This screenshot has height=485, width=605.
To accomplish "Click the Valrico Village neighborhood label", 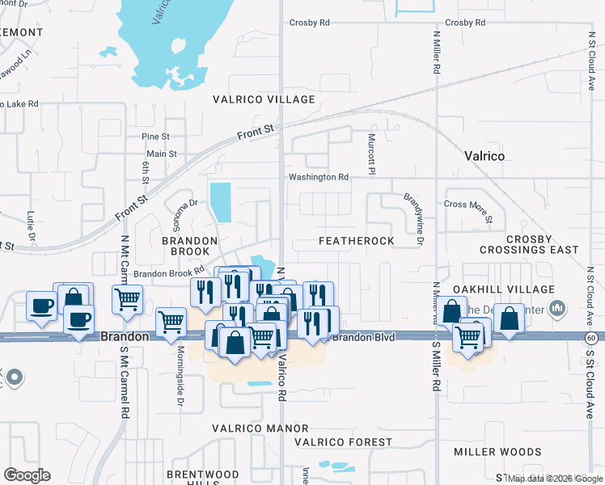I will click(x=263, y=99).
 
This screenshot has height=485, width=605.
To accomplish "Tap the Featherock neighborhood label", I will click(x=356, y=241).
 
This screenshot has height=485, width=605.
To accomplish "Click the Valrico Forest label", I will click(x=343, y=442).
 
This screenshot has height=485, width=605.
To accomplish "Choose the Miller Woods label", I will click(x=497, y=452).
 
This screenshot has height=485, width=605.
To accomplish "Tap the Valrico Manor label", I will click(x=260, y=428).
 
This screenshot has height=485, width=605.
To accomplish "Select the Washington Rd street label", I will click(x=319, y=177).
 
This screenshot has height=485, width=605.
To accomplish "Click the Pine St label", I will click(x=154, y=137).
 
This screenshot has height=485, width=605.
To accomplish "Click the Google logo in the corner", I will click(x=27, y=475).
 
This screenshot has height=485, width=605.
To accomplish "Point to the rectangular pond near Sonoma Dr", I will click(x=220, y=202).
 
